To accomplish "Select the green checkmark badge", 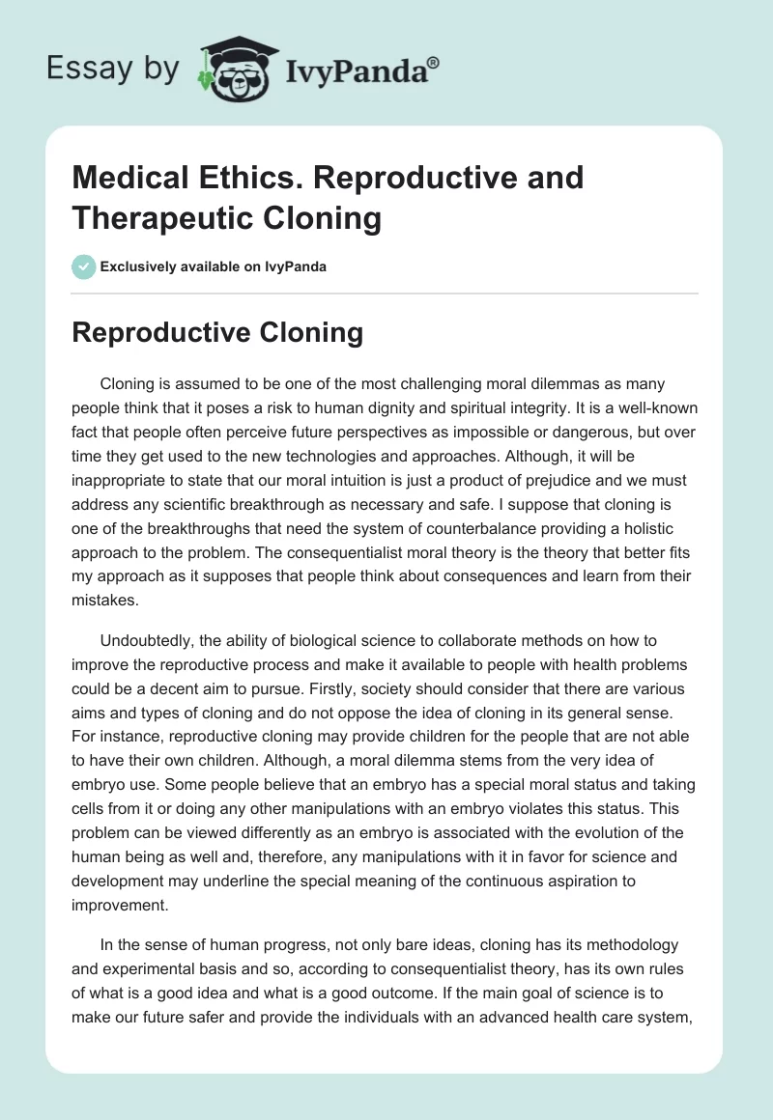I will click(x=83, y=266).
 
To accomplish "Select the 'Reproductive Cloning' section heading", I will click(x=217, y=333).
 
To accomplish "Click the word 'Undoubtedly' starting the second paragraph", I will click(x=149, y=641).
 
